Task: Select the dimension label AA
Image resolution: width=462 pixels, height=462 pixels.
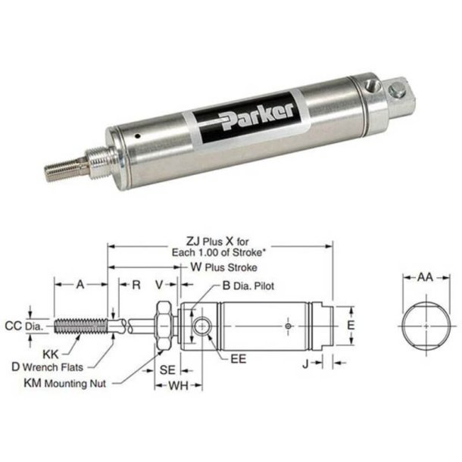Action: pos(425,278)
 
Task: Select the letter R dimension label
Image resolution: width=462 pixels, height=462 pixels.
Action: pos(136,286)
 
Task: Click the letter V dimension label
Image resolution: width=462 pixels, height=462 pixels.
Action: pos(159,286)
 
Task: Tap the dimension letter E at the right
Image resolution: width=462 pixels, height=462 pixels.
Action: pos(350,324)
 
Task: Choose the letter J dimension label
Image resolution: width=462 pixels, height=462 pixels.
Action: pos(304,364)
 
